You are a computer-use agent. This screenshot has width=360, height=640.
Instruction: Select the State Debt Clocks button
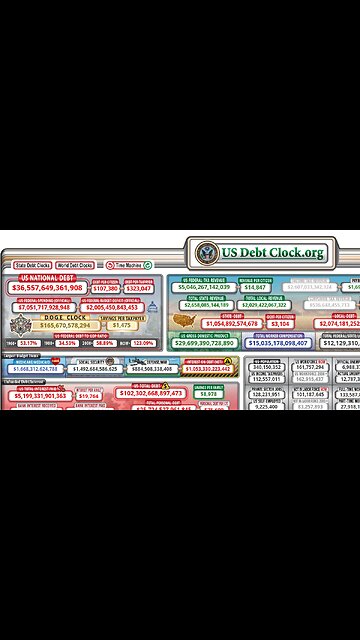coord(33,266)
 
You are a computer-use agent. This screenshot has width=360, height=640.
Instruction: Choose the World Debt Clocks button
coord(74,266)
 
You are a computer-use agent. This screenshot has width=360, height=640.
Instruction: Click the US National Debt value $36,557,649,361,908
coord(47,287)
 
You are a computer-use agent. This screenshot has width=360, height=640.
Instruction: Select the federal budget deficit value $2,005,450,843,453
coord(117,307)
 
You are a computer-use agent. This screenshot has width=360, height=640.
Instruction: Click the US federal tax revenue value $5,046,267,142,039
coord(204,287)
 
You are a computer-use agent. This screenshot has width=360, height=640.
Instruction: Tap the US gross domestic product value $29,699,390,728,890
coord(204,343)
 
